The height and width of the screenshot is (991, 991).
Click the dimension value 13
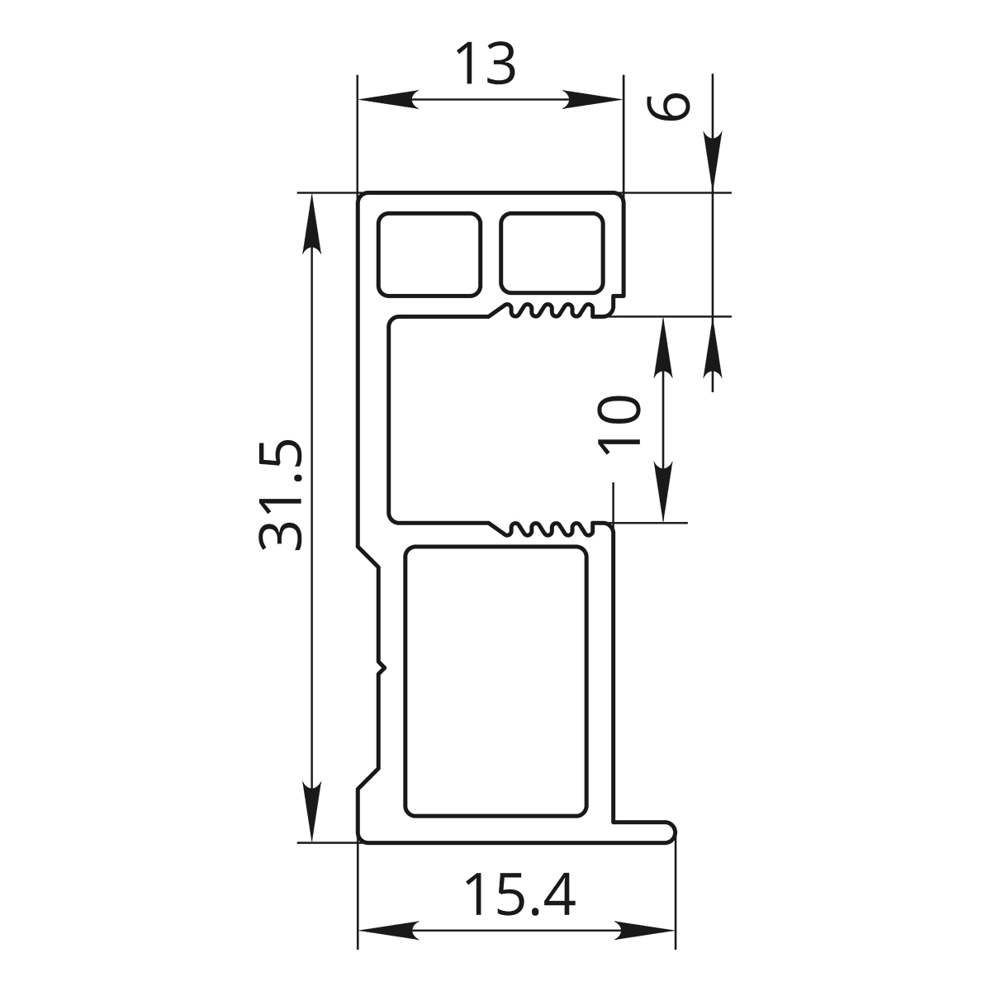(x=486, y=64)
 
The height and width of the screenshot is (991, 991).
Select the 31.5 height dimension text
(x=280, y=495)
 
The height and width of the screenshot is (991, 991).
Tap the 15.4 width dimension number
(x=520, y=895)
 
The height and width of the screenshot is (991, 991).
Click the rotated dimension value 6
(x=667, y=107)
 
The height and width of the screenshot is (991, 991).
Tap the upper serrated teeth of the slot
(x=549, y=311)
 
